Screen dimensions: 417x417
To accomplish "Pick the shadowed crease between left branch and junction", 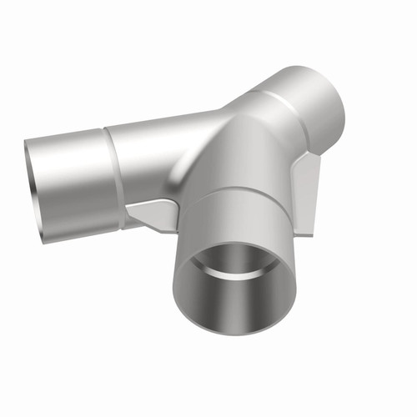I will pos(179,179).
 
